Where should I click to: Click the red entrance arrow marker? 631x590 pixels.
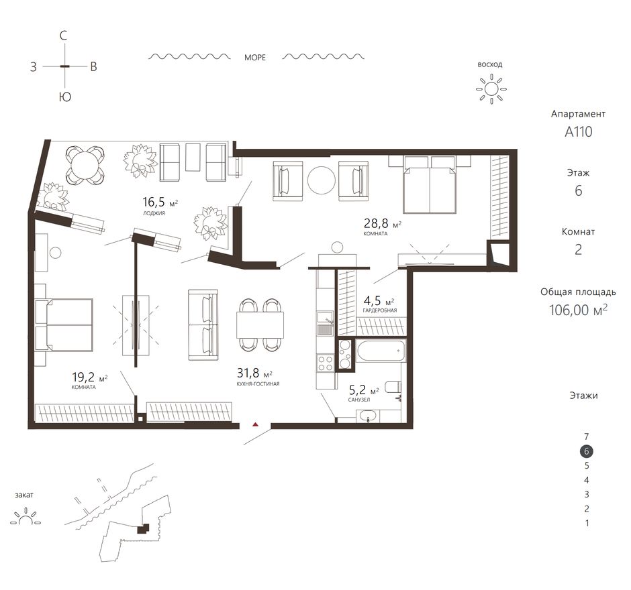pyautogui.click(x=254, y=424)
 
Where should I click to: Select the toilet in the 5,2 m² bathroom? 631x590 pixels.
pyautogui.click(x=393, y=387)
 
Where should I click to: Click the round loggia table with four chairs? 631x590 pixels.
pyautogui.click(x=85, y=165)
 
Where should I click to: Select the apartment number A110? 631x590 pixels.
pyautogui.click(x=578, y=132)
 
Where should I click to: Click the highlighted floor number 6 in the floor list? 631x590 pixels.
pyautogui.click(x=586, y=451)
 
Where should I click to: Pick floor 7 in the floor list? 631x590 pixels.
pyautogui.click(x=586, y=436)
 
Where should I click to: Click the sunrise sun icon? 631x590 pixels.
pyautogui.click(x=491, y=88)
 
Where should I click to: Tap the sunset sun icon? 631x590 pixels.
pyautogui.click(x=26, y=517)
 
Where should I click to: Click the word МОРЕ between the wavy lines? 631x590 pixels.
pyautogui.click(x=255, y=58)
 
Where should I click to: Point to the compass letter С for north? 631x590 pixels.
pyautogui.click(x=63, y=36)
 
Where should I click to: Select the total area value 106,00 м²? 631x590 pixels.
pyautogui.click(x=578, y=310)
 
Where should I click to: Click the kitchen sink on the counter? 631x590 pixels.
pyautogui.click(x=324, y=324)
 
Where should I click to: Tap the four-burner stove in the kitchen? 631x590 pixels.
pyautogui.click(x=326, y=363)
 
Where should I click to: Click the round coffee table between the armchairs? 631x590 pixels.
pyautogui.click(x=321, y=180)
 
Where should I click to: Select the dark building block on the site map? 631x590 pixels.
pyautogui.click(x=143, y=528)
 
